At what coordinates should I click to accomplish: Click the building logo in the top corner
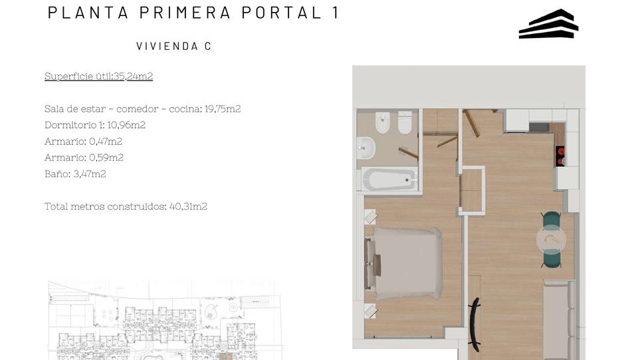point(548,24)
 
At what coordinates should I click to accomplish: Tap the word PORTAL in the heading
point(281,13)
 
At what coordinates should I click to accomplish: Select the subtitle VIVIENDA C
point(173,46)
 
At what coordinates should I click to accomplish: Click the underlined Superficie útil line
point(98,76)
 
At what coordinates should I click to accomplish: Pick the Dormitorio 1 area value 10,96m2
point(126,125)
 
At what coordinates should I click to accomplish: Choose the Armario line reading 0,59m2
point(84,157)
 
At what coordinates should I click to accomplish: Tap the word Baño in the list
point(56,174)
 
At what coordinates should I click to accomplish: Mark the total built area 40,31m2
point(188,207)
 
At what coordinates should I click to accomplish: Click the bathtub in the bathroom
point(389,179)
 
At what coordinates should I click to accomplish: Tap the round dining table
point(551,239)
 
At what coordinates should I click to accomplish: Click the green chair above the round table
point(551,219)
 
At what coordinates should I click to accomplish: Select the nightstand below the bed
point(369,310)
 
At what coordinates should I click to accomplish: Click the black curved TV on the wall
point(474,325)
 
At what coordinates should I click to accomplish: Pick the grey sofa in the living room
point(558,319)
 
